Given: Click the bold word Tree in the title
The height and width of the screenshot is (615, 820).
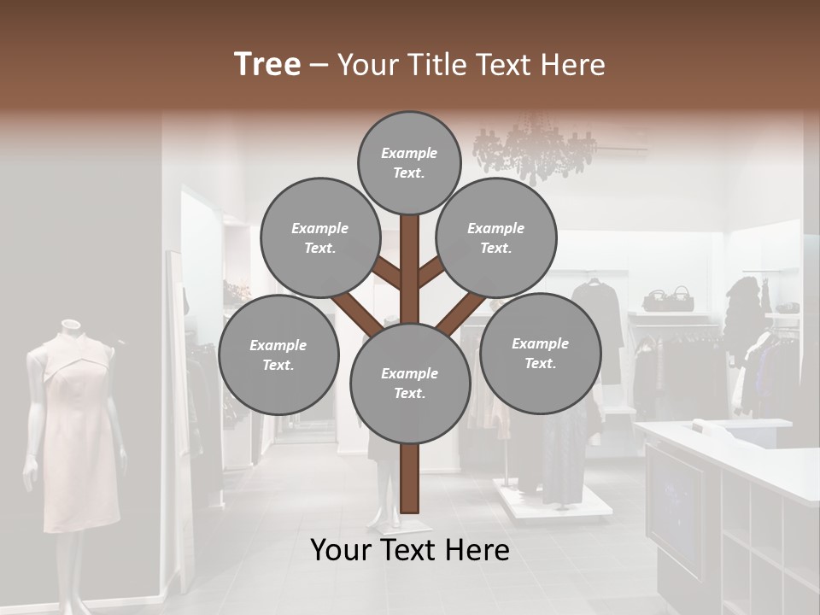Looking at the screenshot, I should pyautogui.click(x=267, y=64).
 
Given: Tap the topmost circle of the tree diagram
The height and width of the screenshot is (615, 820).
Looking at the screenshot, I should pyautogui.click(x=409, y=162).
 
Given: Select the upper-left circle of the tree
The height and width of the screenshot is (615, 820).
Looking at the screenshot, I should pyautogui.click(x=320, y=238).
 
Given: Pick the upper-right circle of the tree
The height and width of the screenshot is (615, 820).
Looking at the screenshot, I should pyautogui.click(x=496, y=238).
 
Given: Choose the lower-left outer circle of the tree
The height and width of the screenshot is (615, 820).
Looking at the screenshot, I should pyautogui.click(x=278, y=355).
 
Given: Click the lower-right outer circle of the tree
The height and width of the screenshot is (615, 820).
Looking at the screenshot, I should pyautogui.click(x=541, y=354).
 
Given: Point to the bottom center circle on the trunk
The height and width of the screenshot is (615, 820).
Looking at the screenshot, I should pyautogui.click(x=410, y=384).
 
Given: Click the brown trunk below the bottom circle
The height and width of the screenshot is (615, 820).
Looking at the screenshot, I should pyautogui.click(x=409, y=478).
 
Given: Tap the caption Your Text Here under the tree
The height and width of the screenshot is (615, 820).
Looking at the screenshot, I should pyautogui.click(x=410, y=550).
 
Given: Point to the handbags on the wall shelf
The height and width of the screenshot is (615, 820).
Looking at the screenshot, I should pyautogui.click(x=668, y=299).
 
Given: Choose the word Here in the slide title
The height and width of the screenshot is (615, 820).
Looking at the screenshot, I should pyautogui.click(x=572, y=64).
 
